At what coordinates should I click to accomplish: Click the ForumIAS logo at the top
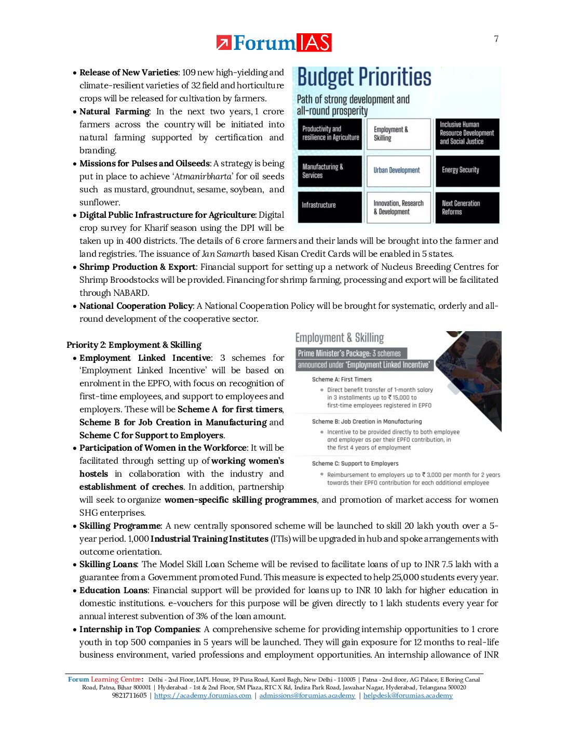click(274, 43)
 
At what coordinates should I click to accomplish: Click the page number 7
click(496, 39)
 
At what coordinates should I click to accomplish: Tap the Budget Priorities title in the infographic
click(364, 77)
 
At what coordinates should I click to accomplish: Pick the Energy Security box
click(466, 171)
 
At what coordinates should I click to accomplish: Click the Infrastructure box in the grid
click(330, 206)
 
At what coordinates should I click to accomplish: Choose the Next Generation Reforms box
click(466, 207)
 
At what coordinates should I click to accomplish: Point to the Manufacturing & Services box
click(330, 171)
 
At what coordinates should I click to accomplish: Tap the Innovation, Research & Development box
click(398, 207)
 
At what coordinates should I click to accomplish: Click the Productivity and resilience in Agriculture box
click(330, 134)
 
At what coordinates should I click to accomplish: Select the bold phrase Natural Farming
click(115, 112)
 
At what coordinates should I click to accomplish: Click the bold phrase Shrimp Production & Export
click(138, 267)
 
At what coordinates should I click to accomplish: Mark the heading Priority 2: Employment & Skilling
click(134, 345)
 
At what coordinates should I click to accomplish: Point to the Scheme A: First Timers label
click(342, 380)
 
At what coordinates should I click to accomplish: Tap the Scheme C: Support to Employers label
click(355, 464)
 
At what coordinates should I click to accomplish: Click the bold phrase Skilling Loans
click(108, 565)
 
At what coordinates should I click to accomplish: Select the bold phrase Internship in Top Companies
click(139, 630)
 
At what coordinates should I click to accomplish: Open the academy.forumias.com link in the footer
click(203, 696)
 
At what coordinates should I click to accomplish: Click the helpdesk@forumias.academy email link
click(408, 696)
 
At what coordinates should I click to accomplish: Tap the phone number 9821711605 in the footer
click(129, 696)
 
